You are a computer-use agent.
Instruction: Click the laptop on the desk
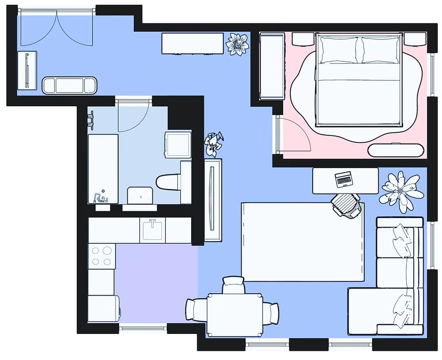coord(343,179)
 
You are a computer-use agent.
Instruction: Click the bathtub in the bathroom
coord(103,169)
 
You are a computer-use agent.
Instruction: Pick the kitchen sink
coord(152,230)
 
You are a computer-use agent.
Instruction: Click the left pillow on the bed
coord(338,50)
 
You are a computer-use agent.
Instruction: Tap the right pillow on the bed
coord(381,50)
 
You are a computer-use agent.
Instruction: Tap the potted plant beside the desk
coord(402,189)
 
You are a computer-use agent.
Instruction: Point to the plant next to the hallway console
coord(237,44)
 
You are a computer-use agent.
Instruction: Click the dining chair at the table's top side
coord(234,284)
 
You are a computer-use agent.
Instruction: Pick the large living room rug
coord(302,242)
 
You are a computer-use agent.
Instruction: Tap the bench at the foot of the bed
coord(396,150)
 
